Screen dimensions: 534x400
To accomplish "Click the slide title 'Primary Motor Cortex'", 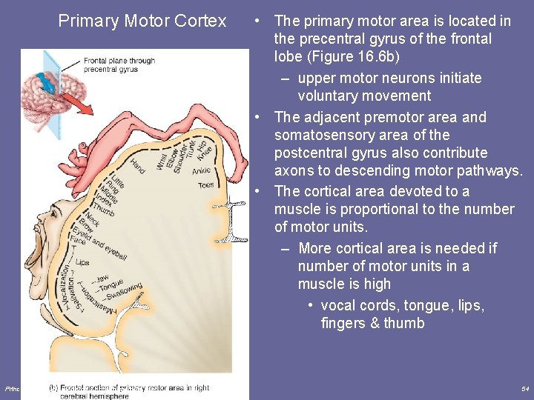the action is pyautogui.click(x=142, y=21).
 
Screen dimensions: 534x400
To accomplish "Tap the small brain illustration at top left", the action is pyautogui.click(x=46, y=92).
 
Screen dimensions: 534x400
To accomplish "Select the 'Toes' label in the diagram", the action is pyautogui.click(x=205, y=185).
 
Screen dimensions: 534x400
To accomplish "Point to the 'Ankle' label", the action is pyautogui.click(x=202, y=171).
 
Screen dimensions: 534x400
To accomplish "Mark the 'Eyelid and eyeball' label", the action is pyautogui.click(x=108, y=244).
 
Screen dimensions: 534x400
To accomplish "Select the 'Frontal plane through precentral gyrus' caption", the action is pyautogui.click(x=119, y=64).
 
